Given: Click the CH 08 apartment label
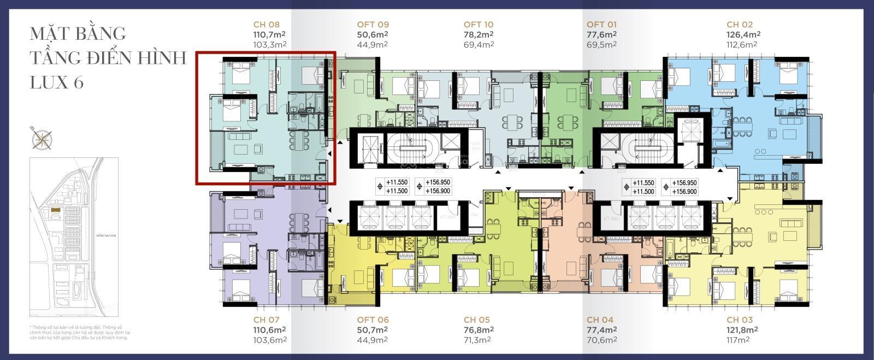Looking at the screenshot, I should pos(267,25).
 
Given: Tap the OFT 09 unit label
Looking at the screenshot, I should pos(373,25).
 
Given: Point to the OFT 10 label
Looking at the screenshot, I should pos(479,25).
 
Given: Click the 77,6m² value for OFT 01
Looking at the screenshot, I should pos(601,34).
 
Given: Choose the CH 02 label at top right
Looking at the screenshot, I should pos(740,25).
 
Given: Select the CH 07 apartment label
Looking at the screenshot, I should pos(267,320).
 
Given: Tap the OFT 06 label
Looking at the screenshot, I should pos(373,320).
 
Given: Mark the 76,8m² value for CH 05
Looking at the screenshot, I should pos(479,330).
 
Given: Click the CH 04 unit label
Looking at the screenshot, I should pos(600,320).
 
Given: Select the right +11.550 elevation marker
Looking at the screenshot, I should pos(643,182).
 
